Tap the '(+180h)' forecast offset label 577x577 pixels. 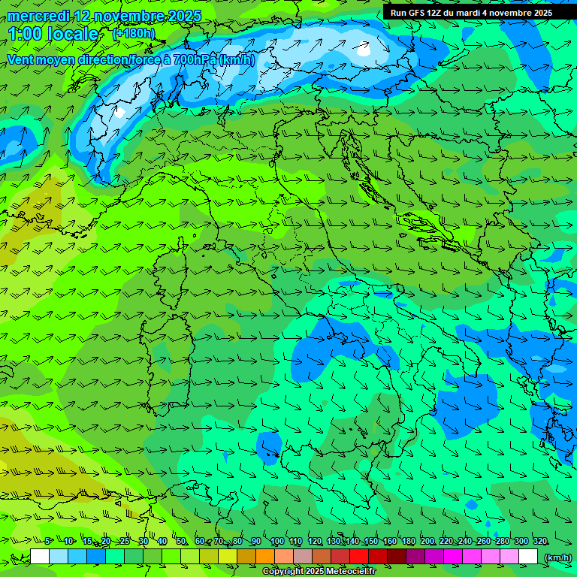133,33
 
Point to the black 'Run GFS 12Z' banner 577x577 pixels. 470,13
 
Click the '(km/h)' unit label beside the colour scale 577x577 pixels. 557,557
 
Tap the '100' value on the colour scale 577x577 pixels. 276,541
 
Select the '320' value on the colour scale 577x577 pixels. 539,541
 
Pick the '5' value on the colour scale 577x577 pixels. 47,541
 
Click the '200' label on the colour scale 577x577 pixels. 427,541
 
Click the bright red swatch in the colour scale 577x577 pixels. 359,557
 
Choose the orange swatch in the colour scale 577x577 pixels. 265,557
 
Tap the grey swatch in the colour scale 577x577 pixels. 303,557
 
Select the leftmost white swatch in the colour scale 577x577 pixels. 40,557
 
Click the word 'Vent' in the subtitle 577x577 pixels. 22,59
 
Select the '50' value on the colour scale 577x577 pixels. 181,541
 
